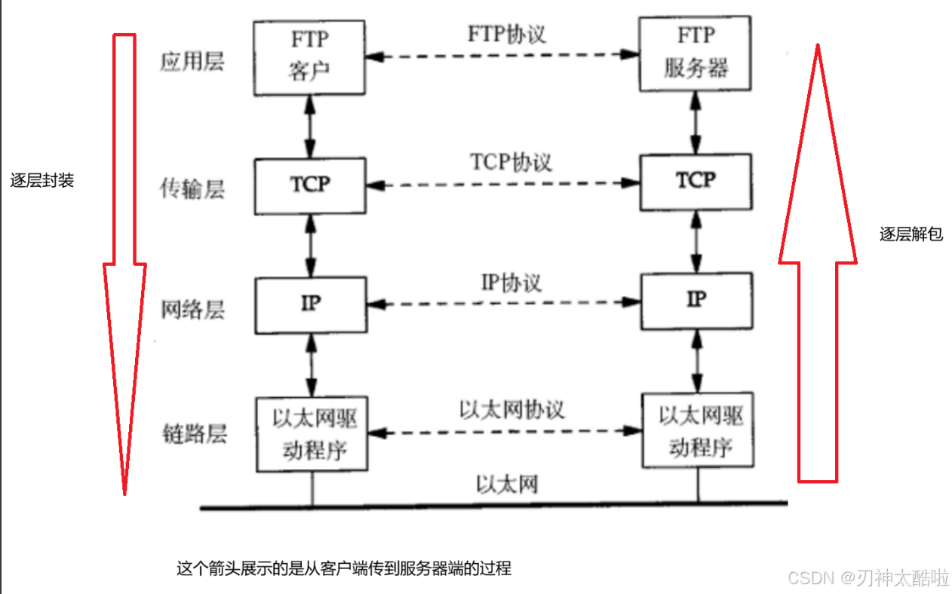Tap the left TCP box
[x=310, y=185]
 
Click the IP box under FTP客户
[x=310, y=305]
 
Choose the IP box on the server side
[x=696, y=302]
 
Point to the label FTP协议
[x=506, y=35]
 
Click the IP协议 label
[x=511, y=283]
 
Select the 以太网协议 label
[x=511, y=409]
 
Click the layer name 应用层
[x=192, y=62]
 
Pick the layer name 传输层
[x=192, y=188]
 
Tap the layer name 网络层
[x=192, y=310]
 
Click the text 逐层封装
[x=42, y=182]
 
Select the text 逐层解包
[x=911, y=234]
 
